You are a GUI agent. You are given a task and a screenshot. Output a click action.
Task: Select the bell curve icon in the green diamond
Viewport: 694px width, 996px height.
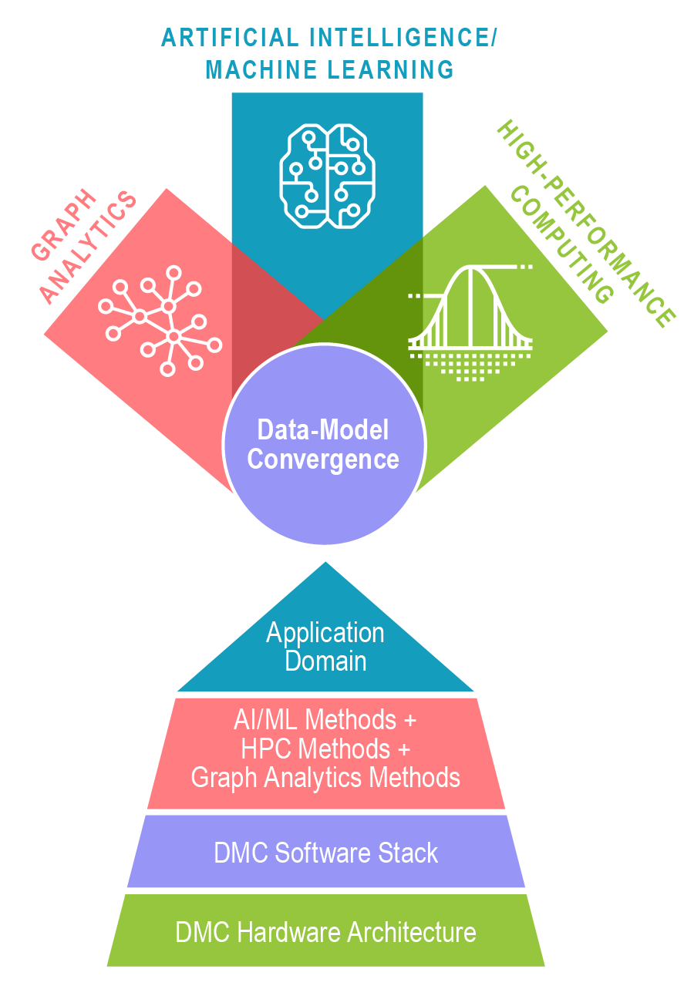pos(470,322)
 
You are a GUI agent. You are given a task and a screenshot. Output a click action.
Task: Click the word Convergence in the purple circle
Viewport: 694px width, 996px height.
pos(323,459)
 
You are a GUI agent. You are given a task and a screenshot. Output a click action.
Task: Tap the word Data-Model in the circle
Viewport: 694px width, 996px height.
pos(323,430)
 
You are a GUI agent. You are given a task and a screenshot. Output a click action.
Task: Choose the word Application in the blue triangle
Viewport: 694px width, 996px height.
pos(325,633)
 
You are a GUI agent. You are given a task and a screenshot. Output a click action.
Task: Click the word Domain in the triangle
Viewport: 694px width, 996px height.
pos(325,661)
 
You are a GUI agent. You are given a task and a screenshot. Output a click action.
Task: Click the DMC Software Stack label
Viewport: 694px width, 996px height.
pos(325,853)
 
